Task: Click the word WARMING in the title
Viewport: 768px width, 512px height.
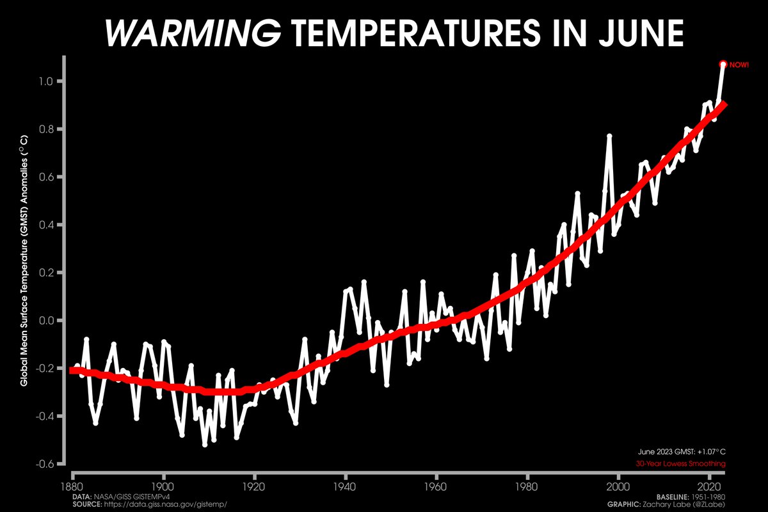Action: (193, 33)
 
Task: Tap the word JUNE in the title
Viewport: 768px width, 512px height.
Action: (641, 33)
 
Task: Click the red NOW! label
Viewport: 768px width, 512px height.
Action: (739, 65)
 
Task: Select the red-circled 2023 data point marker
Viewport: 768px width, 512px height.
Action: (723, 64)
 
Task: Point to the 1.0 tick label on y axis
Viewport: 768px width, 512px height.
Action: (45, 82)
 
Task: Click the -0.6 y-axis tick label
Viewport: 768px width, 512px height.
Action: (45, 465)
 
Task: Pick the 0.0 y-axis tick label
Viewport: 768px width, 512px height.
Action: (46, 321)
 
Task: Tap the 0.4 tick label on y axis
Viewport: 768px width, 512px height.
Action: (46, 225)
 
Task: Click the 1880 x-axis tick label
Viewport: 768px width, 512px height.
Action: (72, 487)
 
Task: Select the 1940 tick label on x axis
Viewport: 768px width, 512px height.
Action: (345, 487)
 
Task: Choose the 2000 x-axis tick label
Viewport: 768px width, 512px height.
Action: (618, 487)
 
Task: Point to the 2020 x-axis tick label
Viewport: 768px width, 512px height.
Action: (709, 487)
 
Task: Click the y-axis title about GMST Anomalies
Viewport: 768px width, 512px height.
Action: (24, 261)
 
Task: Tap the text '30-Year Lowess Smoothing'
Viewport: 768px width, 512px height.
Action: (680, 463)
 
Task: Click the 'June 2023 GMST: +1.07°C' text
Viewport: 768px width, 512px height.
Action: (682, 452)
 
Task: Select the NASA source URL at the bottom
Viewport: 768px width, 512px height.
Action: (165, 504)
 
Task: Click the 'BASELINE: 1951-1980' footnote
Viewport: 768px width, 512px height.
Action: (691, 497)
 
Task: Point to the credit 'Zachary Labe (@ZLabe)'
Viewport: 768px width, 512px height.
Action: (684, 504)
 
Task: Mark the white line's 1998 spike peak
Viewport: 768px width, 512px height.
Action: (609, 136)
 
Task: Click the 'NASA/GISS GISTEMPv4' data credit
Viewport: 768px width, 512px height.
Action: (132, 497)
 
